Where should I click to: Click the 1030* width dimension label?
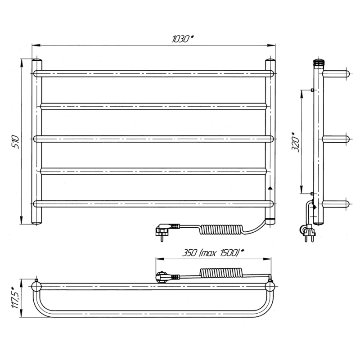click(x=183, y=39)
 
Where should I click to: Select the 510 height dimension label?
click(x=15, y=142)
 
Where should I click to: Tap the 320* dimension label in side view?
click(x=296, y=142)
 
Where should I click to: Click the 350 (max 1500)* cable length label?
click(x=213, y=253)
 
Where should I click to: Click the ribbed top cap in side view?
click(x=319, y=62)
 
